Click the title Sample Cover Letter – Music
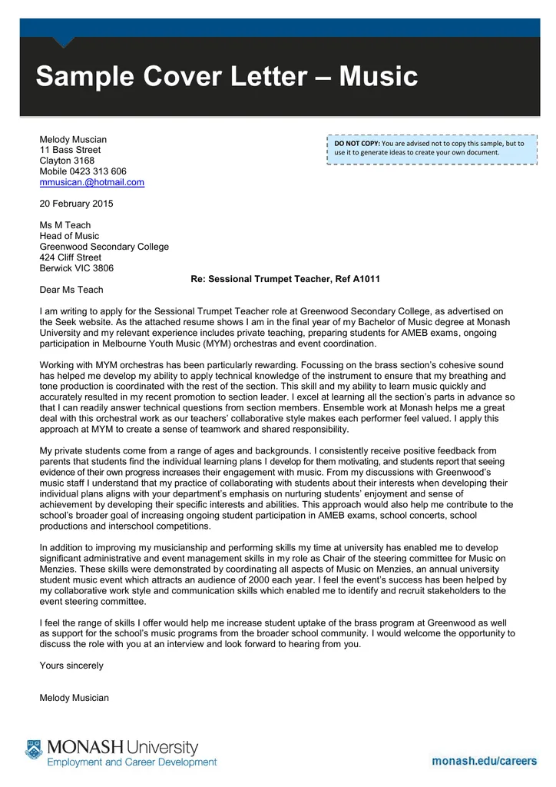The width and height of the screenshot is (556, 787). [227, 77]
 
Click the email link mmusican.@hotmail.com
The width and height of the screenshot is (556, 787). [91, 182]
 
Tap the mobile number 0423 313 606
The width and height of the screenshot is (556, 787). [99, 171]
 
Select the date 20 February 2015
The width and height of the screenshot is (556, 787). [76, 204]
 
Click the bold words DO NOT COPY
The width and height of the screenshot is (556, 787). [357, 144]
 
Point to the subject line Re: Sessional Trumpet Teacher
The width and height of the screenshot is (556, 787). [286, 279]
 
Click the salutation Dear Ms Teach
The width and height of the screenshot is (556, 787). [71, 290]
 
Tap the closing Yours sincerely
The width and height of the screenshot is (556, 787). [71, 666]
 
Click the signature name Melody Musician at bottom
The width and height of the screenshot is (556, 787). [74, 698]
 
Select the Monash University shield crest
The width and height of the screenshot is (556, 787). [33, 749]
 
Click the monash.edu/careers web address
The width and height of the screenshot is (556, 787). [484, 761]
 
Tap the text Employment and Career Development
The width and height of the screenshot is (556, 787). [132, 762]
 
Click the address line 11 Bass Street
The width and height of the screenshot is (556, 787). [70, 150]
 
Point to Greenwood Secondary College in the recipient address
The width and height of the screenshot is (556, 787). [104, 247]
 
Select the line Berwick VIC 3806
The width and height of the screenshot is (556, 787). [76, 268]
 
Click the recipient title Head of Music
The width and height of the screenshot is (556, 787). [69, 236]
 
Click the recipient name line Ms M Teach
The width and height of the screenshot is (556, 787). [65, 225]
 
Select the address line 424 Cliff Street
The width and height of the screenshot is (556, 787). [70, 257]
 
